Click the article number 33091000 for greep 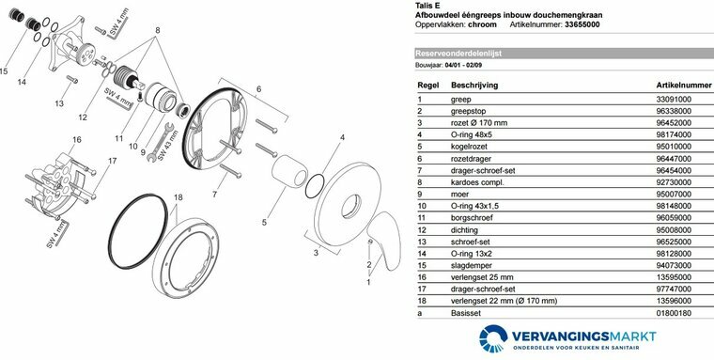[x=674, y=100]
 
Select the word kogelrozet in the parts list [x=469, y=147]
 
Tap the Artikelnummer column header [x=684, y=86]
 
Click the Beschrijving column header [x=474, y=86]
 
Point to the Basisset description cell [x=465, y=313]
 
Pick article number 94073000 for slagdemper [x=674, y=265]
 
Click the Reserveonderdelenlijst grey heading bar [x=565, y=54]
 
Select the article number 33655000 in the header [x=582, y=24]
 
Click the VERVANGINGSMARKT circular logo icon [x=493, y=338]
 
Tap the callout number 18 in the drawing [x=178, y=197]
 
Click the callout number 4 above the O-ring [x=342, y=137]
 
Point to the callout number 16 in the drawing [x=76, y=139]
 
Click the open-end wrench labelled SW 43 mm [x=161, y=143]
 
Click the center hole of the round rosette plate [x=351, y=206]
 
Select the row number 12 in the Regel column [x=422, y=230]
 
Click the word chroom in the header [x=482, y=24]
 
